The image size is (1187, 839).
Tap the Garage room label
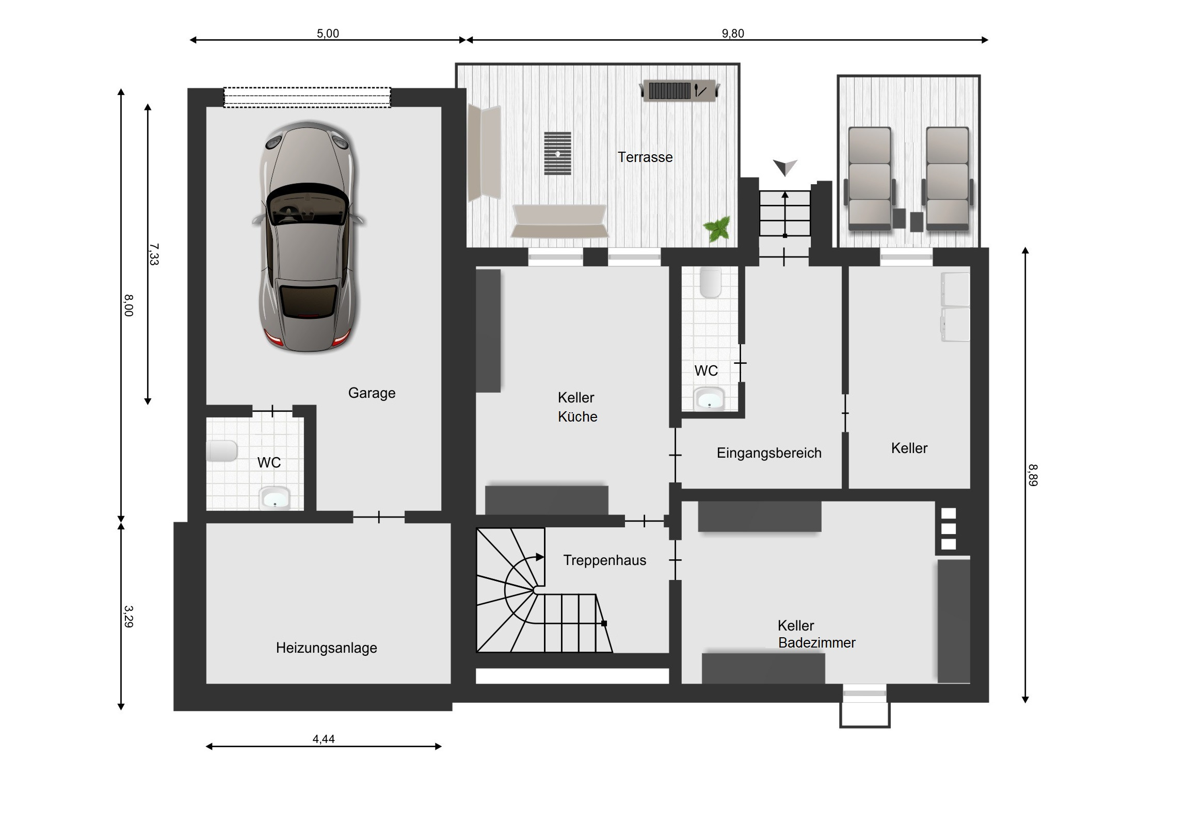[372, 393]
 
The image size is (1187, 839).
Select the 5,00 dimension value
[328, 34]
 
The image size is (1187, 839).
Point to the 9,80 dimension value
[732, 34]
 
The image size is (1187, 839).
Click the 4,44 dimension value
[324, 739]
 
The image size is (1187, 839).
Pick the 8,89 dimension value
[1032, 475]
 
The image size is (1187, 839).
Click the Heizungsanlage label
[326, 648]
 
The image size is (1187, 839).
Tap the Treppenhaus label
[604, 560]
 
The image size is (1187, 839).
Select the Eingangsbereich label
[769, 454]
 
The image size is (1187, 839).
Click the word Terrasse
[645, 157]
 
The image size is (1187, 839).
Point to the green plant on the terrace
[717, 229]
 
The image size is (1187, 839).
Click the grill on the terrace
[680, 90]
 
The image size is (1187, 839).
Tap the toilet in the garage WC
[222, 451]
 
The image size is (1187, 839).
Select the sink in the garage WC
[275, 498]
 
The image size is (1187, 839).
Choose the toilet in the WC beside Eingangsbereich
[710, 283]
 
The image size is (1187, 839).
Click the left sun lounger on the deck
[870, 179]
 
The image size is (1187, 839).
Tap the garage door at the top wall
[307, 97]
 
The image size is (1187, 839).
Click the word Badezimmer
[817, 643]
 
